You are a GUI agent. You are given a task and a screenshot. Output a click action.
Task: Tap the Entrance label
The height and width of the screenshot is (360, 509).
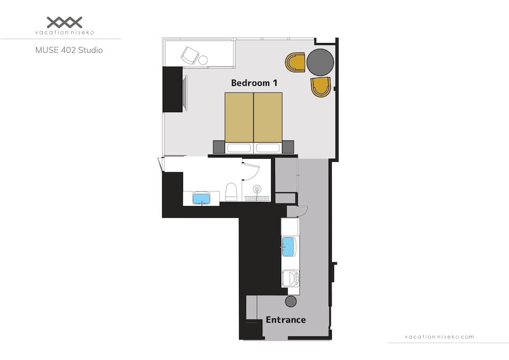[286, 320]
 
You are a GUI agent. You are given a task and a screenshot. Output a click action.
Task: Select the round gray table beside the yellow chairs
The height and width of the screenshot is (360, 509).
[320, 62]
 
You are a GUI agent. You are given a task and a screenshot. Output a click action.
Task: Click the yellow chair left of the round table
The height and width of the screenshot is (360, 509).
[295, 62]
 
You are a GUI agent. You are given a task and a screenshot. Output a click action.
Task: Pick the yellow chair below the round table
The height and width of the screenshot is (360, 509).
[321, 87]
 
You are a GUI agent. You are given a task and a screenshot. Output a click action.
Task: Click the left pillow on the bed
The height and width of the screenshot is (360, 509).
[239, 148]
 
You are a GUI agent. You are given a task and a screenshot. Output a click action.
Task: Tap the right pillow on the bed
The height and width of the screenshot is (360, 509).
[268, 148]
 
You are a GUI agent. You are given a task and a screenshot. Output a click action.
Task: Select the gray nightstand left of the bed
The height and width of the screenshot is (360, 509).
[218, 147]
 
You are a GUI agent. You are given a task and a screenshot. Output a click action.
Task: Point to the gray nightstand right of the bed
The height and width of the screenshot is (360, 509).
[288, 147]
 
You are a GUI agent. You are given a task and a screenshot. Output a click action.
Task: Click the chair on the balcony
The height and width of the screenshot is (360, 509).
[189, 54]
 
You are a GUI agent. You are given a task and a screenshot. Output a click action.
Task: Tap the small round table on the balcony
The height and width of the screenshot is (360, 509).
[203, 61]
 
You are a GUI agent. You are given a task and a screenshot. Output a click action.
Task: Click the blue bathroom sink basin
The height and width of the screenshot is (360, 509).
[201, 198]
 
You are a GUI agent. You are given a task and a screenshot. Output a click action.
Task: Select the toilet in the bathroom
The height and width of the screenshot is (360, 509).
[231, 192]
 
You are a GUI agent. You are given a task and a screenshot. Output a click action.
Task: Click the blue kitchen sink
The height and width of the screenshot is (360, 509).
[289, 247]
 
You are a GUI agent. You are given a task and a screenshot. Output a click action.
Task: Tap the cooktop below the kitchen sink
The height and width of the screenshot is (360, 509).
[290, 279]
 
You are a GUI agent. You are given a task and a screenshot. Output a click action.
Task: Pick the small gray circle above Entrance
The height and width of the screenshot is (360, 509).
[291, 301]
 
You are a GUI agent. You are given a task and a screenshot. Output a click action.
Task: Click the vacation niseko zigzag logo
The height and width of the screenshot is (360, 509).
[64, 22]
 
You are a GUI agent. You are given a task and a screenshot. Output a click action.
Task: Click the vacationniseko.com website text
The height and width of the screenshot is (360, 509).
[439, 337]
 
